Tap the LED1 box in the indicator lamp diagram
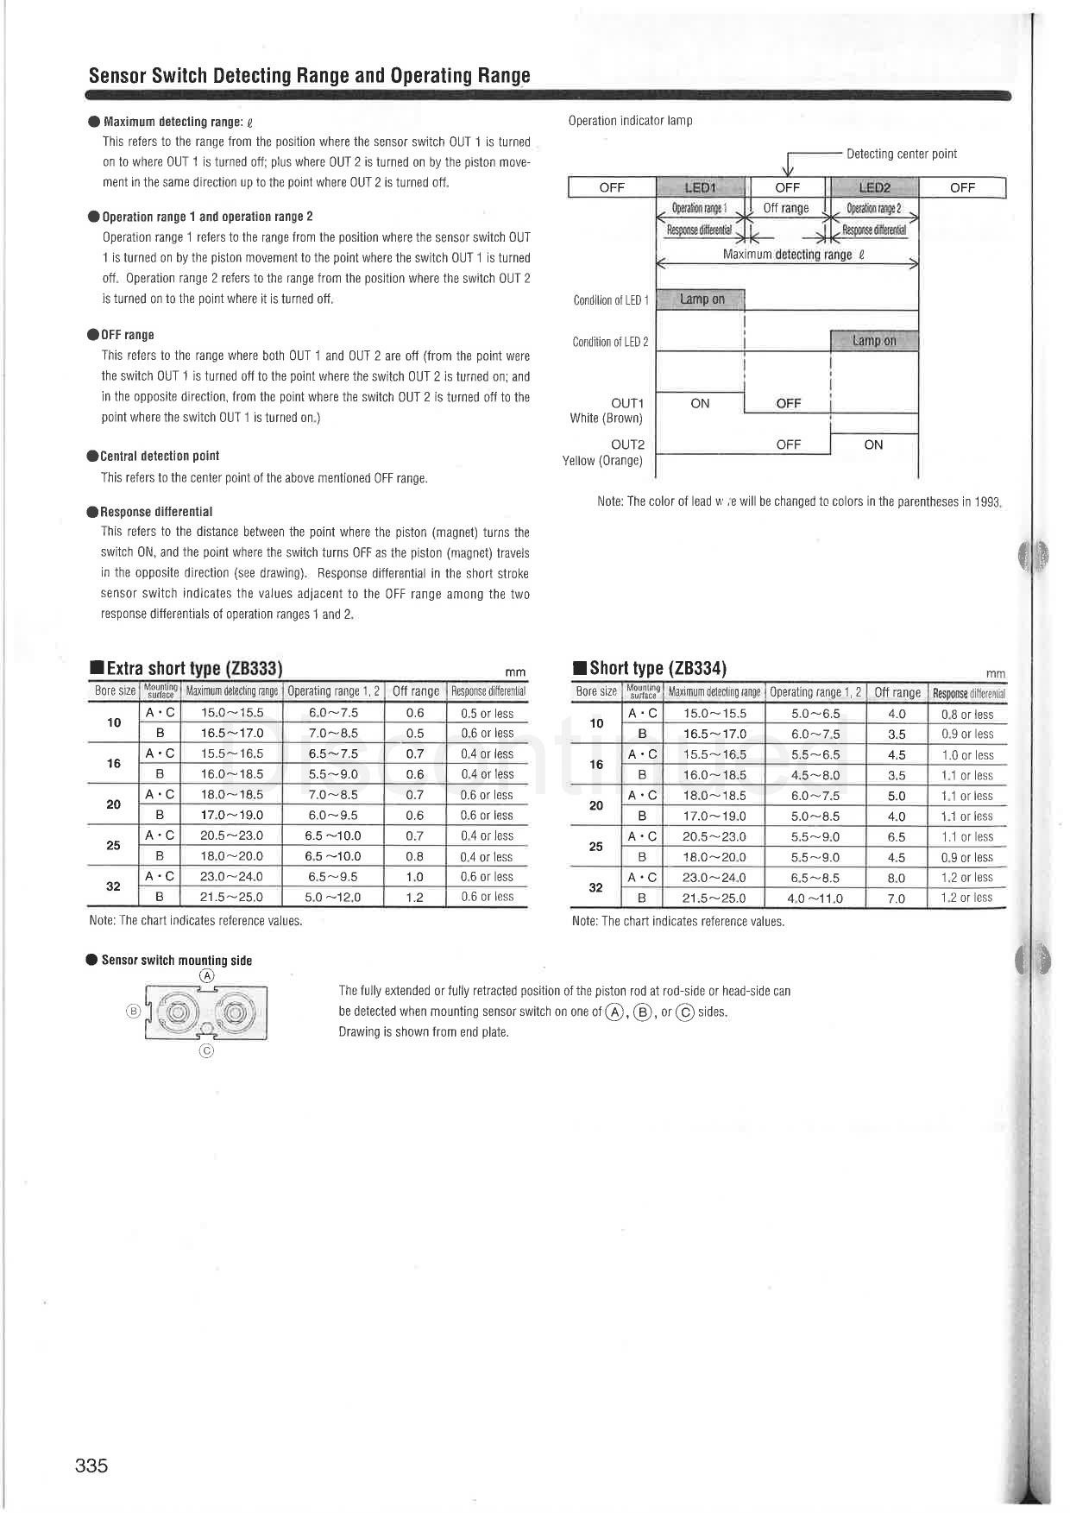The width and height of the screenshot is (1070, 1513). click(701, 187)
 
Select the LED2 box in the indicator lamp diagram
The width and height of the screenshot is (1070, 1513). click(874, 187)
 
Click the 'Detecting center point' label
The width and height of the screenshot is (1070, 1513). click(901, 154)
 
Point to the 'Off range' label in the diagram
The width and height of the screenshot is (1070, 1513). click(786, 208)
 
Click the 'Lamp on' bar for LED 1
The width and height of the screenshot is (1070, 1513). click(702, 299)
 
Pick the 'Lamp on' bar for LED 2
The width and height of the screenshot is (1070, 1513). click(874, 341)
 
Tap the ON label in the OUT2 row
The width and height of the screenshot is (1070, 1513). click(873, 444)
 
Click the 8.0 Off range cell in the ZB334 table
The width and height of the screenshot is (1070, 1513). click(897, 878)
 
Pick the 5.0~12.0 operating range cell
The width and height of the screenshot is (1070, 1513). click(333, 898)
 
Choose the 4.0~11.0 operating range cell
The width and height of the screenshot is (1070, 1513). click(815, 898)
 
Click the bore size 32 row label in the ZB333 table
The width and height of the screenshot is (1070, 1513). click(113, 886)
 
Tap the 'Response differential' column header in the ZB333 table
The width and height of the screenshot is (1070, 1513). click(488, 691)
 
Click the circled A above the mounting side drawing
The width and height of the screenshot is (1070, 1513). click(206, 976)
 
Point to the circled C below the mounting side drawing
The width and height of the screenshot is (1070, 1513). click(206, 1050)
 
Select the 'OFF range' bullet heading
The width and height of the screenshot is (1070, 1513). click(127, 335)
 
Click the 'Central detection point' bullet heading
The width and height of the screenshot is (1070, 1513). click(160, 456)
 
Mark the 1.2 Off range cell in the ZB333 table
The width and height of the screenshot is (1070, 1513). click(414, 898)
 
